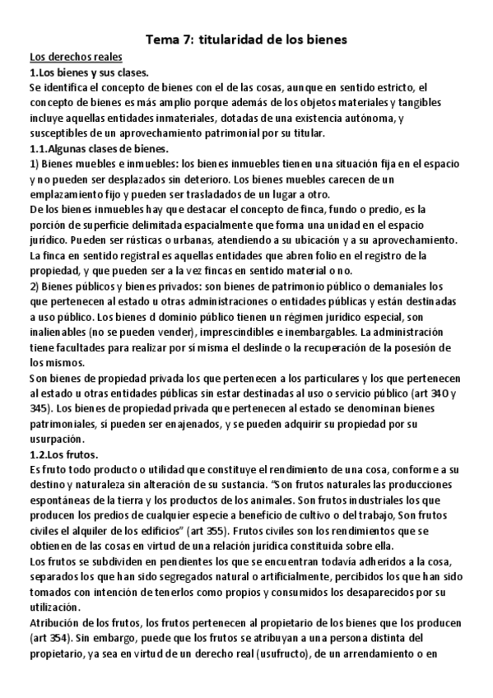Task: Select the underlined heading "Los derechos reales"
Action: pos(76,57)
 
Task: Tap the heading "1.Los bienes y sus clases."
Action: pos(89,72)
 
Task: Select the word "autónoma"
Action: pos(355,118)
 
